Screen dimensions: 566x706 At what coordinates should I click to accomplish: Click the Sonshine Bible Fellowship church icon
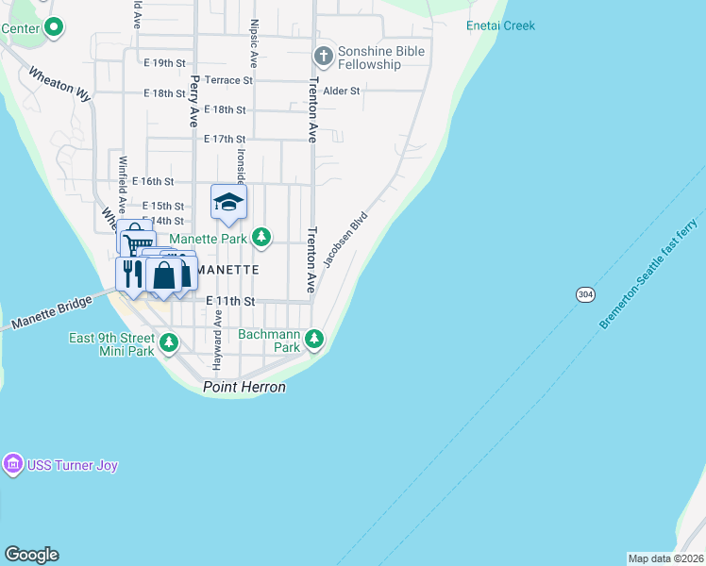[324, 56]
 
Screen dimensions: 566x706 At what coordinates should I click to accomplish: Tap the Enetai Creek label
[500, 25]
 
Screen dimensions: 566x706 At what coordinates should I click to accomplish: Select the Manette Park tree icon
[262, 239]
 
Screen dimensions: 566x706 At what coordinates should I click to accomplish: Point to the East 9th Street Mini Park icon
[168, 343]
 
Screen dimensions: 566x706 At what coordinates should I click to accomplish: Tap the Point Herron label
[245, 388]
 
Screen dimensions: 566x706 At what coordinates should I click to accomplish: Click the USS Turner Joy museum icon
[12, 465]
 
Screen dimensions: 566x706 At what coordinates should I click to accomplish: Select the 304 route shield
[585, 295]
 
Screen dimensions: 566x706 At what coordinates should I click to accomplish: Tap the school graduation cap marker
[227, 201]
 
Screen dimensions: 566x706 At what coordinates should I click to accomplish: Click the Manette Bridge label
[52, 312]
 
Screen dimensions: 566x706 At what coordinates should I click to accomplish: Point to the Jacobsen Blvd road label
[345, 239]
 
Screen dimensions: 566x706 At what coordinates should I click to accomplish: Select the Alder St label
[342, 92]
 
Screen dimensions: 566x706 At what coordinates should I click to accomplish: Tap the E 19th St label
[164, 63]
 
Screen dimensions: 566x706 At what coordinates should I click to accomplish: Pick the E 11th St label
[230, 301]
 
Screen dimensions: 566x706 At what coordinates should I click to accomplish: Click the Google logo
[31, 555]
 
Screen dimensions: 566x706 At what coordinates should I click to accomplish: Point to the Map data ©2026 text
[665, 558]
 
